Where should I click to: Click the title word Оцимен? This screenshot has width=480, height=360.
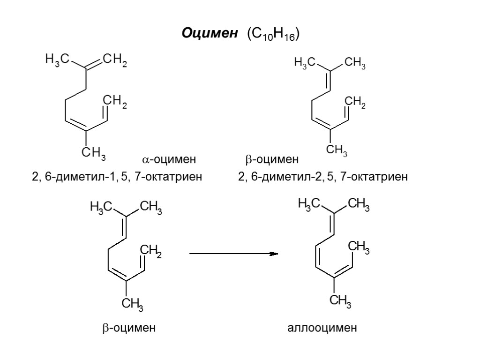210,34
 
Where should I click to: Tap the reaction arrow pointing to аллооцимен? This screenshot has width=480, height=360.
233,254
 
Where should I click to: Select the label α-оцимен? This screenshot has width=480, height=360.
169,160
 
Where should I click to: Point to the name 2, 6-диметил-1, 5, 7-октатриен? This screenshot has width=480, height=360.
117,177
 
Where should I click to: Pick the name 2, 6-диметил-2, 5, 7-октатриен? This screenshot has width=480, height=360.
323,177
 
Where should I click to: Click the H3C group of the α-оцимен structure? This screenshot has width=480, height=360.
57,60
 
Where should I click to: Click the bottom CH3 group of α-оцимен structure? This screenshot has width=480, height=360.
93,153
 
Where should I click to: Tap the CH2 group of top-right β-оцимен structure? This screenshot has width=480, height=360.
354,102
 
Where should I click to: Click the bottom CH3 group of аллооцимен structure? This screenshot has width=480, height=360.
340,301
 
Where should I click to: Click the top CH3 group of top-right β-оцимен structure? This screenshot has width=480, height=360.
354,64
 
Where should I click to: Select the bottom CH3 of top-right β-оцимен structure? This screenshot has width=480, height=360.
336,150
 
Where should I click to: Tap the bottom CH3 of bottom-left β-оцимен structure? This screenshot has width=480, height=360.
132,305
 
